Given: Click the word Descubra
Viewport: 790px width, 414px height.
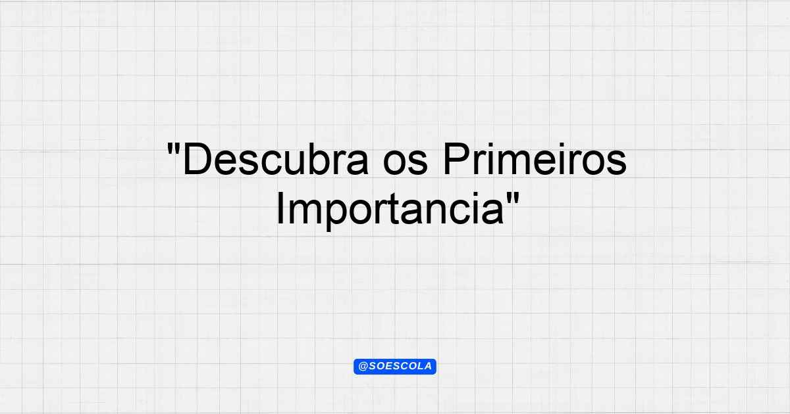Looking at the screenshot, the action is coord(276,159).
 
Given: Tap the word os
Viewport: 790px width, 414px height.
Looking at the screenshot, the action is coord(406,163).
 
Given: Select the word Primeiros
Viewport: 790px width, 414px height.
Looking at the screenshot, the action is coord(535,159).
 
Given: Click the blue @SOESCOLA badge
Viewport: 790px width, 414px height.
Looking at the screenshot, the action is coord(395,367).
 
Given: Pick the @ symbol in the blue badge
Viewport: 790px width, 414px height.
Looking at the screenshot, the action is coord(363,367).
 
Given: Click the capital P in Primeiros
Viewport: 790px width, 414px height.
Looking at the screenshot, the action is coord(457,159).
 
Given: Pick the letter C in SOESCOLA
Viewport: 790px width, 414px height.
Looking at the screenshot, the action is coord(398,367).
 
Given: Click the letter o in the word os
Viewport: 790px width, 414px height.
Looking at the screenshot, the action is coord(394,163).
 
